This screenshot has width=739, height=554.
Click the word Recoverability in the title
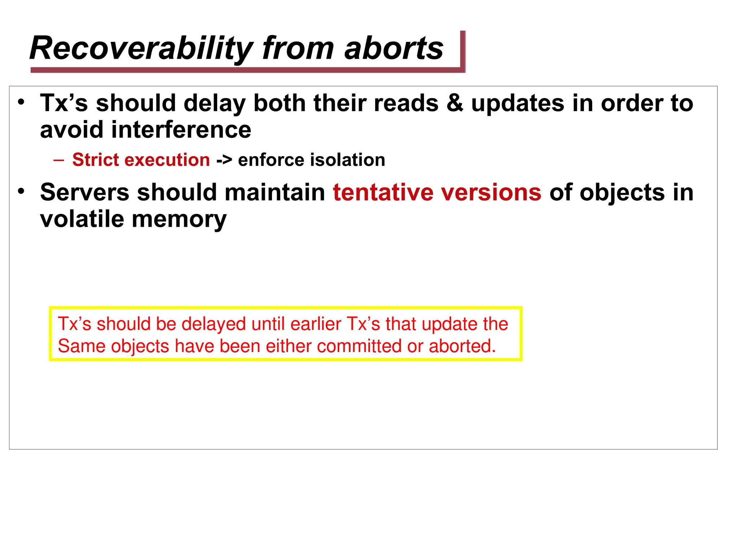coord(141,48)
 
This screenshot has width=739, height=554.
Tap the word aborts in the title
coord(394,48)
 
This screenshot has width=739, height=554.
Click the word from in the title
coord(298,48)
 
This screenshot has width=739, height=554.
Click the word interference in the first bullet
coord(181,130)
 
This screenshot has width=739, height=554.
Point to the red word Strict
coord(95,160)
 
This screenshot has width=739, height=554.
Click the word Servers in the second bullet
coord(84,192)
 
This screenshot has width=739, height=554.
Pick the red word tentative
coord(382,192)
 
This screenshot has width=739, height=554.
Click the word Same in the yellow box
coord(81,346)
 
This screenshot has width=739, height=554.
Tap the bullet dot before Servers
coord(21,191)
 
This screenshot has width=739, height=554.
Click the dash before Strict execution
coord(58,160)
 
